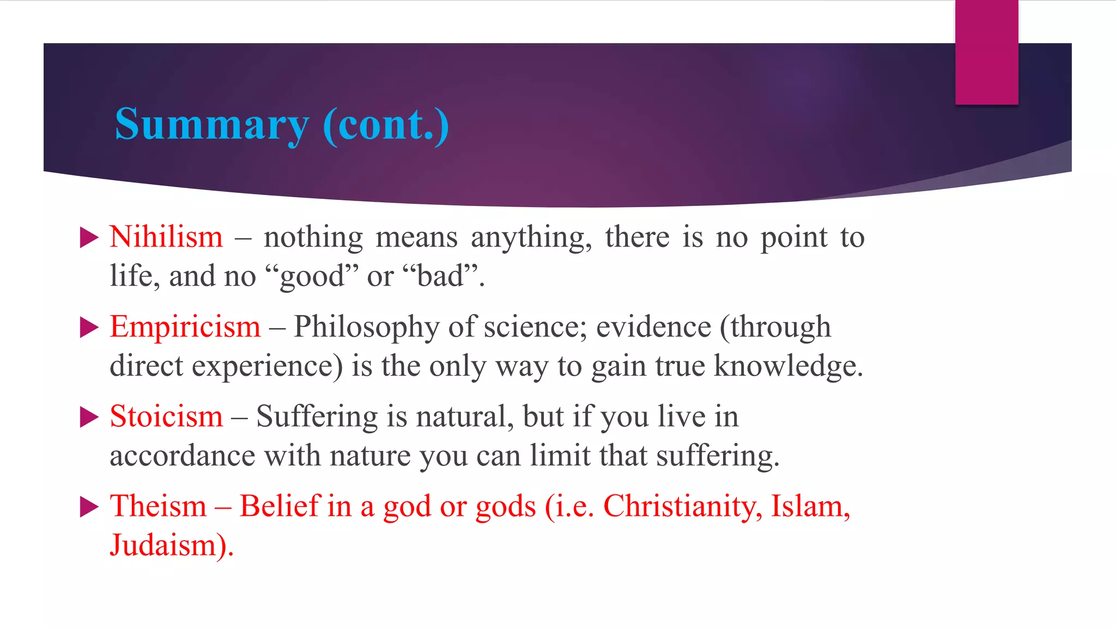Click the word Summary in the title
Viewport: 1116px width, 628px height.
click(x=211, y=125)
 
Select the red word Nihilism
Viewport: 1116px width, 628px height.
click(x=166, y=237)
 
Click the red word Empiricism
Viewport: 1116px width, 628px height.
click(x=185, y=327)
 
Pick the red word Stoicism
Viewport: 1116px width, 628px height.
click(x=166, y=417)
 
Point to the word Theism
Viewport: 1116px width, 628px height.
click(x=159, y=506)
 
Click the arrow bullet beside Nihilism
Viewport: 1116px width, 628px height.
click(x=89, y=238)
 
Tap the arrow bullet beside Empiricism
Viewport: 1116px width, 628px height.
click(x=89, y=328)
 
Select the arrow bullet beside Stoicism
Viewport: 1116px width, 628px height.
click(x=89, y=418)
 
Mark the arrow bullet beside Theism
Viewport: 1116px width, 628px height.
click(x=89, y=507)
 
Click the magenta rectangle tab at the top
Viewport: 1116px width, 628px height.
click(x=986, y=52)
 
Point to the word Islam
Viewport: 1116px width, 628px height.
click(x=810, y=506)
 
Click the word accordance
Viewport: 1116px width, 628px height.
click(x=183, y=456)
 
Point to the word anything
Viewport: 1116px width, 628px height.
click(x=531, y=238)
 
